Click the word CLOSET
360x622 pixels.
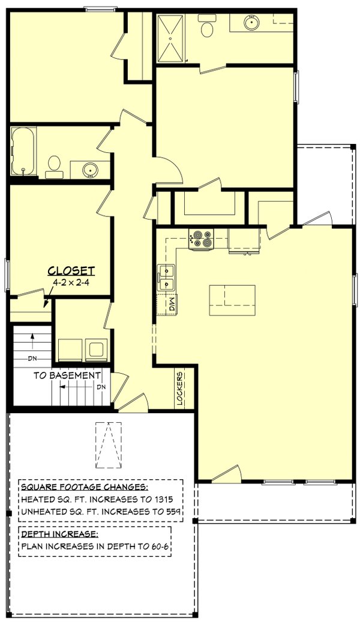[x=71, y=270]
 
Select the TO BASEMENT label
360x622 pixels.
[x=67, y=375]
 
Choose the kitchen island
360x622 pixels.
[x=232, y=301]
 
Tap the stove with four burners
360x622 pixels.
[x=200, y=239]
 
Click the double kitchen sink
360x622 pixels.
[x=166, y=277]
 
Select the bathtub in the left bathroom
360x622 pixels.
[x=23, y=152]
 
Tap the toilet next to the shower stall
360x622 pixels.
[x=207, y=28]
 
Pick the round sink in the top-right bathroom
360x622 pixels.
[x=251, y=23]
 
